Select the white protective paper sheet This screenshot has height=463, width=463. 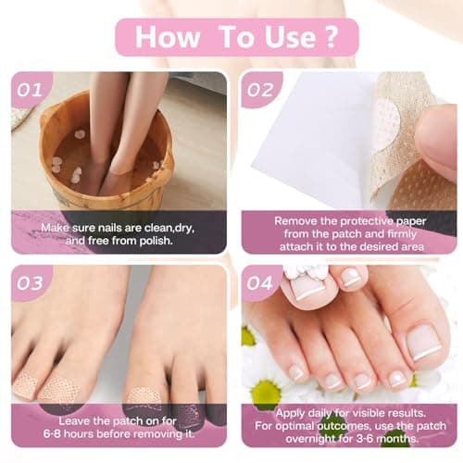tap(306, 139)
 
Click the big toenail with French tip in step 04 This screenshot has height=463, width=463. tap(427, 342)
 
